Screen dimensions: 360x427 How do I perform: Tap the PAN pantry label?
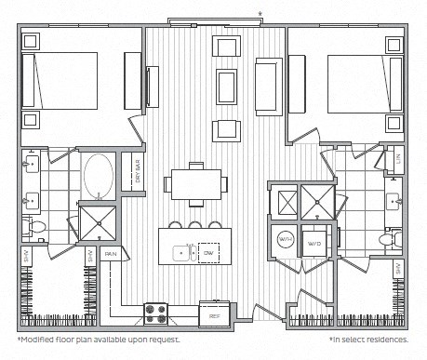pyautogui.click(x=110, y=252)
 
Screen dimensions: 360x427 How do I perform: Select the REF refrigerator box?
pyautogui.click(x=214, y=315)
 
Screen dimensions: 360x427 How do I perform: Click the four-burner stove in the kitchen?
pyautogui.click(x=154, y=314)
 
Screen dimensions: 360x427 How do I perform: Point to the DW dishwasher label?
pyautogui.click(x=208, y=252)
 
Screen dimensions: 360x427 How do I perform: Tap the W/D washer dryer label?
pyautogui.click(x=314, y=244)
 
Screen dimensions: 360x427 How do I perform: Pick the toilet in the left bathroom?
pyautogui.click(x=35, y=226)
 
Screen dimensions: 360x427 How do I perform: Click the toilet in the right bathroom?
pyautogui.click(x=390, y=239)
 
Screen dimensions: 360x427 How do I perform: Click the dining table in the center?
pyautogui.click(x=195, y=184)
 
